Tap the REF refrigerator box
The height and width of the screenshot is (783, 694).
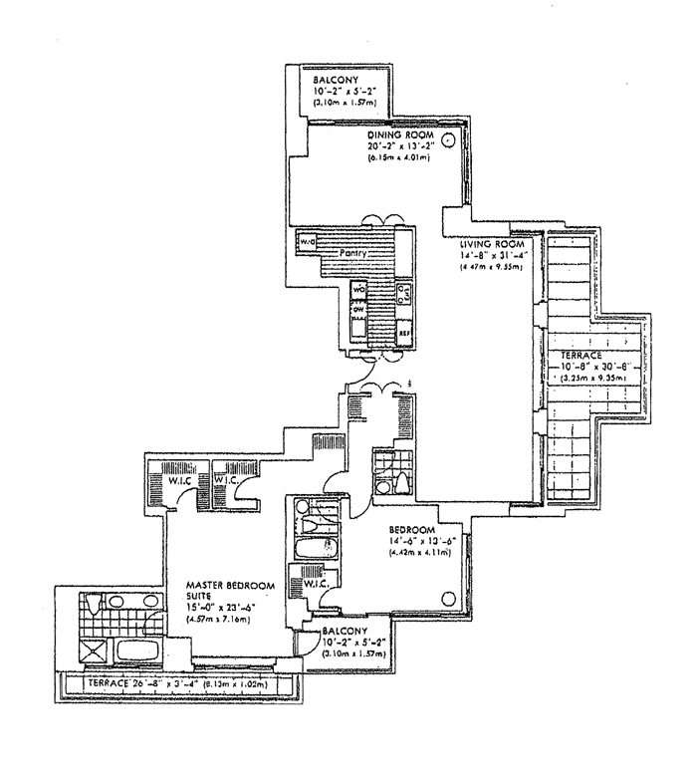pos(404,333)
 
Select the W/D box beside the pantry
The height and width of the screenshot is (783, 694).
pos(303,242)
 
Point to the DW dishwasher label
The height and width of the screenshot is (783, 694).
pos(355,308)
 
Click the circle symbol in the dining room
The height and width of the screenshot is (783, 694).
pos(448,140)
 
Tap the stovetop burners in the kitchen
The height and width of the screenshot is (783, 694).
pos(404,296)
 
